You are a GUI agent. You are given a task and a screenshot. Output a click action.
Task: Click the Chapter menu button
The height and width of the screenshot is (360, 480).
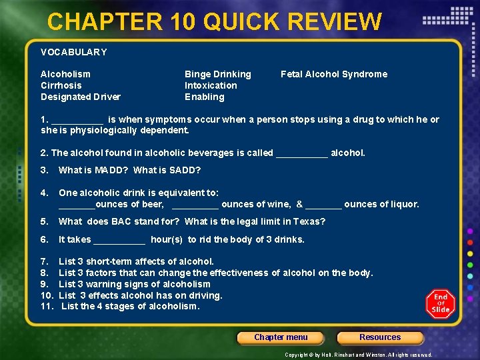pyautogui.click(x=281, y=337)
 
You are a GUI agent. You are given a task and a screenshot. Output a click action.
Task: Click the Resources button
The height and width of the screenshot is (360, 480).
pyautogui.click(x=380, y=337)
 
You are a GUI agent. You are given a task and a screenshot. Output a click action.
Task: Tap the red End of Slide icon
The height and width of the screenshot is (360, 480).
pyautogui.click(x=441, y=303)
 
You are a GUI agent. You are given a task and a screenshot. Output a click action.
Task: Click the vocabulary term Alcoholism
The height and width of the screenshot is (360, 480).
pyautogui.click(x=65, y=74)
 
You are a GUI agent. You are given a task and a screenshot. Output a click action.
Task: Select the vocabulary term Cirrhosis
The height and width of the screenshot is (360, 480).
pyautogui.click(x=61, y=85)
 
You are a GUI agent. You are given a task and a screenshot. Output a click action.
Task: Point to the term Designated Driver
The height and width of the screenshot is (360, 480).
pyautogui.click(x=81, y=97)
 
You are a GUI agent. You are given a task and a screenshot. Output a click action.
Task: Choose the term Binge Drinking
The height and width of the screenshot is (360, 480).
pyautogui.click(x=218, y=74)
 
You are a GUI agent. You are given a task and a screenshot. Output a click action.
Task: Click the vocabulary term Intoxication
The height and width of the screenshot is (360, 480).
pyautogui.click(x=211, y=85)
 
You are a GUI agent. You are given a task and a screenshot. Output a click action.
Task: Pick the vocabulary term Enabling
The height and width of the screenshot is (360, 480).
pyautogui.click(x=205, y=97)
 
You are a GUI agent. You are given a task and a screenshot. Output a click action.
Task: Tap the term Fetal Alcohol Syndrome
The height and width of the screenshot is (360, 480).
pyautogui.click(x=334, y=74)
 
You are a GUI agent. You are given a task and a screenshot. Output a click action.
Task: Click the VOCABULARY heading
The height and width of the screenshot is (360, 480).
pyautogui.click(x=73, y=51)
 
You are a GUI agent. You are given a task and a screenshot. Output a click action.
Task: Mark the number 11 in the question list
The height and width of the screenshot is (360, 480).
pyautogui.click(x=46, y=306)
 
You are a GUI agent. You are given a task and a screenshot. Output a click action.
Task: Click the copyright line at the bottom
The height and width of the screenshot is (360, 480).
pyautogui.click(x=359, y=355)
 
